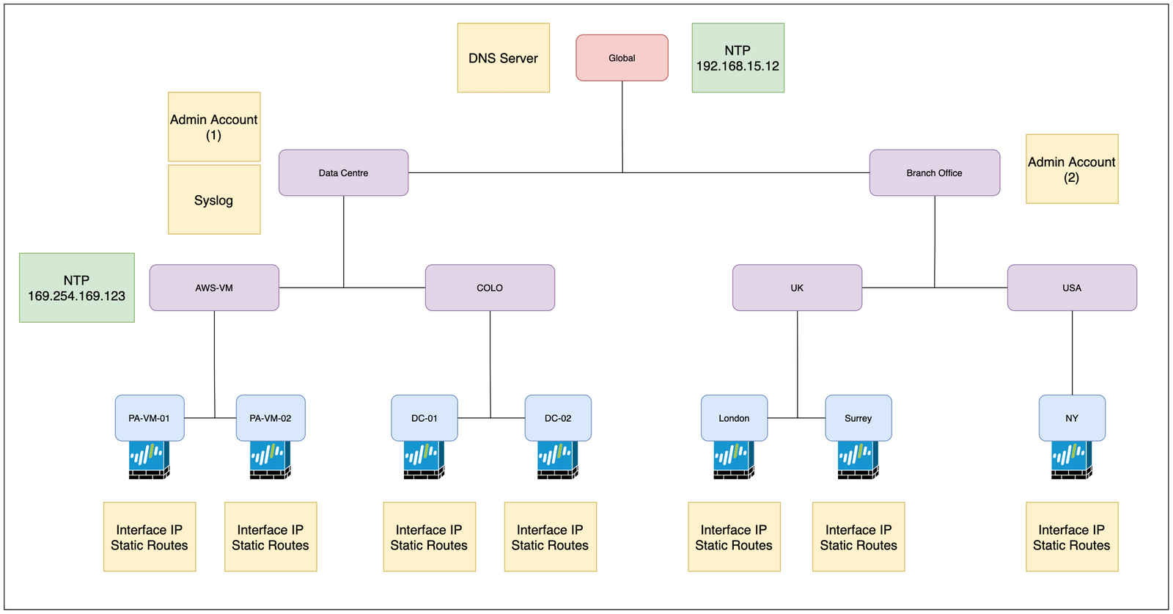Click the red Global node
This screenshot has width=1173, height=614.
[x=622, y=58]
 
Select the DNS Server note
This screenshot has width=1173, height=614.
[x=503, y=58]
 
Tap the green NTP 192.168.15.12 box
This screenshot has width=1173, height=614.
[x=738, y=58]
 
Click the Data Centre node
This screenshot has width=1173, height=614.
[x=343, y=173]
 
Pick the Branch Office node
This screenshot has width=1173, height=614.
[x=934, y=173]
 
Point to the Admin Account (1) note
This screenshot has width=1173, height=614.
[x=214, y=127]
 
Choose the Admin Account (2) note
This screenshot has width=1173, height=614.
[x=1072, y=169]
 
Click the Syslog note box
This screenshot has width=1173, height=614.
[x=214, y=200]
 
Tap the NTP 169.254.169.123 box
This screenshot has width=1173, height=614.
[x=77, y=288]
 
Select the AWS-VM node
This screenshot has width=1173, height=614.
[x=214, y=288]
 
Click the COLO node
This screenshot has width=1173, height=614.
[x=490, y=288]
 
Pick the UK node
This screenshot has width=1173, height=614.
[x=797, y=288]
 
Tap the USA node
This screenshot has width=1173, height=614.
[x=1072, y=288]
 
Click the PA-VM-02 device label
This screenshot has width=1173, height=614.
[x=271, y=418]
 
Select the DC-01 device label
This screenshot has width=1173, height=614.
[x=424, y=418]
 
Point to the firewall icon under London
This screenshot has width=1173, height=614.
[x=734, y=460]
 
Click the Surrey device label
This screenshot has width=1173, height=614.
[x=858, y=418]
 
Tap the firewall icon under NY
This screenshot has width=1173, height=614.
[x=1072, y=460]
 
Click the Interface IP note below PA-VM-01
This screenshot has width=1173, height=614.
[x=150, y=537]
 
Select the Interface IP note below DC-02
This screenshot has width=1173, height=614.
[x=551, y=537]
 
